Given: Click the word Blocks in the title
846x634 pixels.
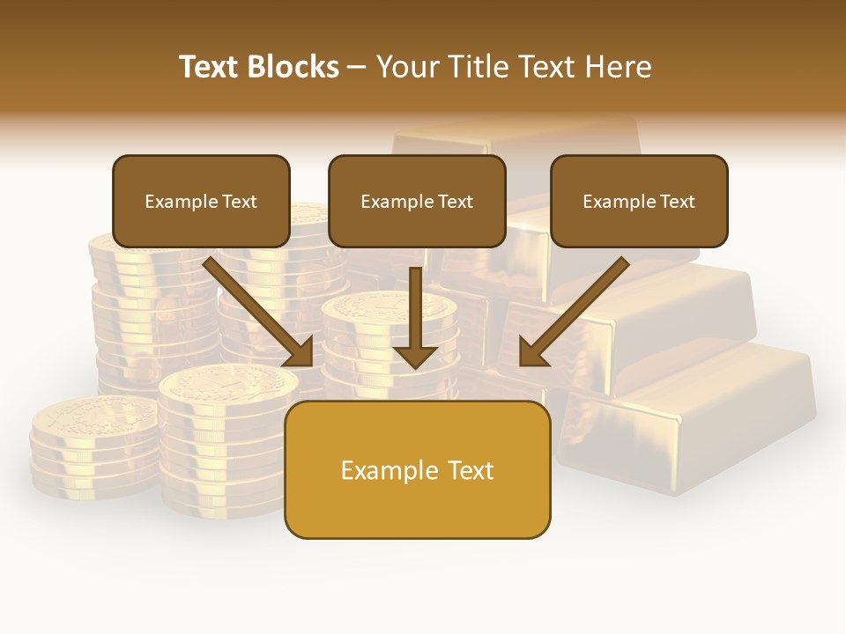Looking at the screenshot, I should click(x=293, y=67).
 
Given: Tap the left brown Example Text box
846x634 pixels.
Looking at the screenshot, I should click(x=201, y=201).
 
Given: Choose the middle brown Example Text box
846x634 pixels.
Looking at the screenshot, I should click(x=417, y=201).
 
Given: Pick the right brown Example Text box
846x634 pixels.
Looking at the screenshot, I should click(x=639, y=201).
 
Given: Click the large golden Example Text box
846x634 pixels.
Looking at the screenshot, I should click(x=417, y=469).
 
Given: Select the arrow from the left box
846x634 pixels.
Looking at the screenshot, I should click(x=256, y=309).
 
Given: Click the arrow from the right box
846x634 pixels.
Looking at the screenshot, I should click(x=577, y=309).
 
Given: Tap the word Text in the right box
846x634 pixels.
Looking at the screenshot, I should click(x=677, y=202).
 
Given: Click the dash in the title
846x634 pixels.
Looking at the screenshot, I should click(x=357, y=67).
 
